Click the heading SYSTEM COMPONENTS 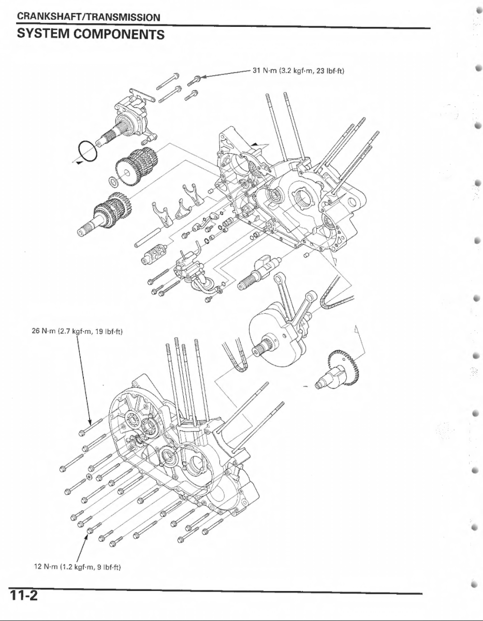(91, 35)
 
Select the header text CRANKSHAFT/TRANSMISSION (87, 18)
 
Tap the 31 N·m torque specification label (298, 70)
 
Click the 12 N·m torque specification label (77, 568)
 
